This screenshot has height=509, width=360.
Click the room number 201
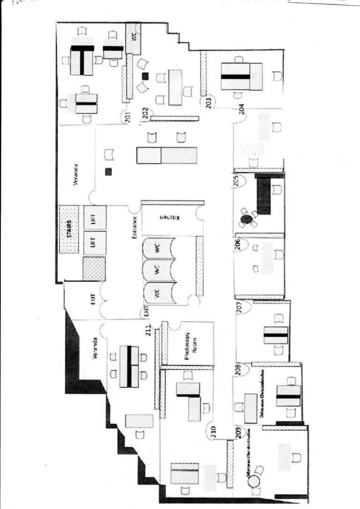point(126,116)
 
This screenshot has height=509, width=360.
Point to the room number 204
point(241,109)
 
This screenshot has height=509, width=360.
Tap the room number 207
point(239,307)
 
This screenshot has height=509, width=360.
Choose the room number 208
point(238,369)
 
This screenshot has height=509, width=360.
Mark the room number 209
point(238,433)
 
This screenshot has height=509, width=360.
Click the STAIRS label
point(69,229)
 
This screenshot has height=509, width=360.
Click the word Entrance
point(135,227)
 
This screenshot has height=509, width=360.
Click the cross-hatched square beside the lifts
point(94,268)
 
